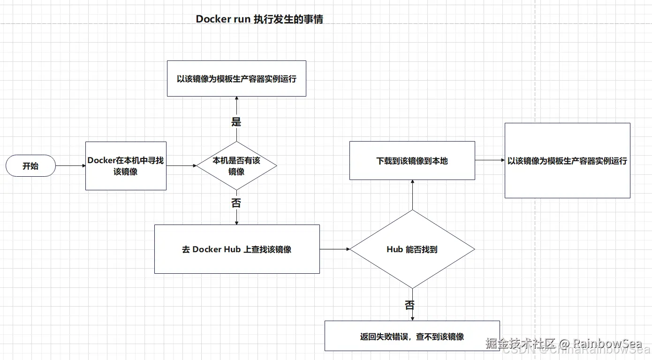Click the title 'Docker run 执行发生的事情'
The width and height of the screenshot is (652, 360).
click(x=259, y=19)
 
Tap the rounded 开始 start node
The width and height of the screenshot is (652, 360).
click(x=30, y=166)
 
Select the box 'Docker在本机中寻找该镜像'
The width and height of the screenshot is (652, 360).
click(x=126, y=166)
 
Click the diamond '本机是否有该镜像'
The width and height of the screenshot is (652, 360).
click(x=236, y=165)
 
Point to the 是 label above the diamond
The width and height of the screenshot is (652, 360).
click(x=236, y=122)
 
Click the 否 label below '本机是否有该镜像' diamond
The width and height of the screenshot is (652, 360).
click(x=236, y=203)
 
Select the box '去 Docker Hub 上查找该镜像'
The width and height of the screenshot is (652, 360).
click(x=237, y=249)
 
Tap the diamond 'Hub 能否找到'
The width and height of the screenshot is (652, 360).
click(x=412, y=249)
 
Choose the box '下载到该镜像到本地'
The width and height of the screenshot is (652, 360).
click(x=412, y=161)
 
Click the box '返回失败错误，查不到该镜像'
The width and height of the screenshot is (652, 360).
click(x=412, y=336)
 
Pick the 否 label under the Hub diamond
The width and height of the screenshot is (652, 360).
click(x=409, y=305)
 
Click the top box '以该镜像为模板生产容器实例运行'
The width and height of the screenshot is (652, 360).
click(x=236, y=79)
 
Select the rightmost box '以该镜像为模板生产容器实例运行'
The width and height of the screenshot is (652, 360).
click(x=567, y=161)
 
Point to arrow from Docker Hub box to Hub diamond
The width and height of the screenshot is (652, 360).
click(x=334, y=249)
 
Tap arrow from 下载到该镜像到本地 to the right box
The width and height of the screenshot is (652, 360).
click(x=490, y=160)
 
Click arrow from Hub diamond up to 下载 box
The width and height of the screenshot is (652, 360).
click(x=412, y=195)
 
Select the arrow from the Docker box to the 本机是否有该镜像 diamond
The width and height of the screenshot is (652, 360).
click(x=181, y=165)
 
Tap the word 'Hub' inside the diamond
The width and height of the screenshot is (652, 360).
click(x=395, y=249)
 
